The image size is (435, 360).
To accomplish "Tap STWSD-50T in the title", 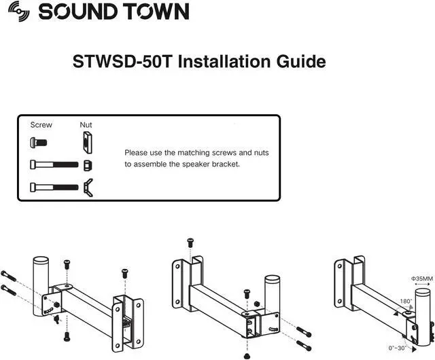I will coord(123,62).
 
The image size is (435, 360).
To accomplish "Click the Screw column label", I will coord(41,125).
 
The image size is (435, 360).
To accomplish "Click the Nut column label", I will coord(86,125).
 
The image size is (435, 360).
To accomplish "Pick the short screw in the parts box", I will coord(37,143).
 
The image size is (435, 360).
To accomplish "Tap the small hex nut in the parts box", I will coord(87,165).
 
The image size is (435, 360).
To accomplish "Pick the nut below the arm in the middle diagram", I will coord(247,355).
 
